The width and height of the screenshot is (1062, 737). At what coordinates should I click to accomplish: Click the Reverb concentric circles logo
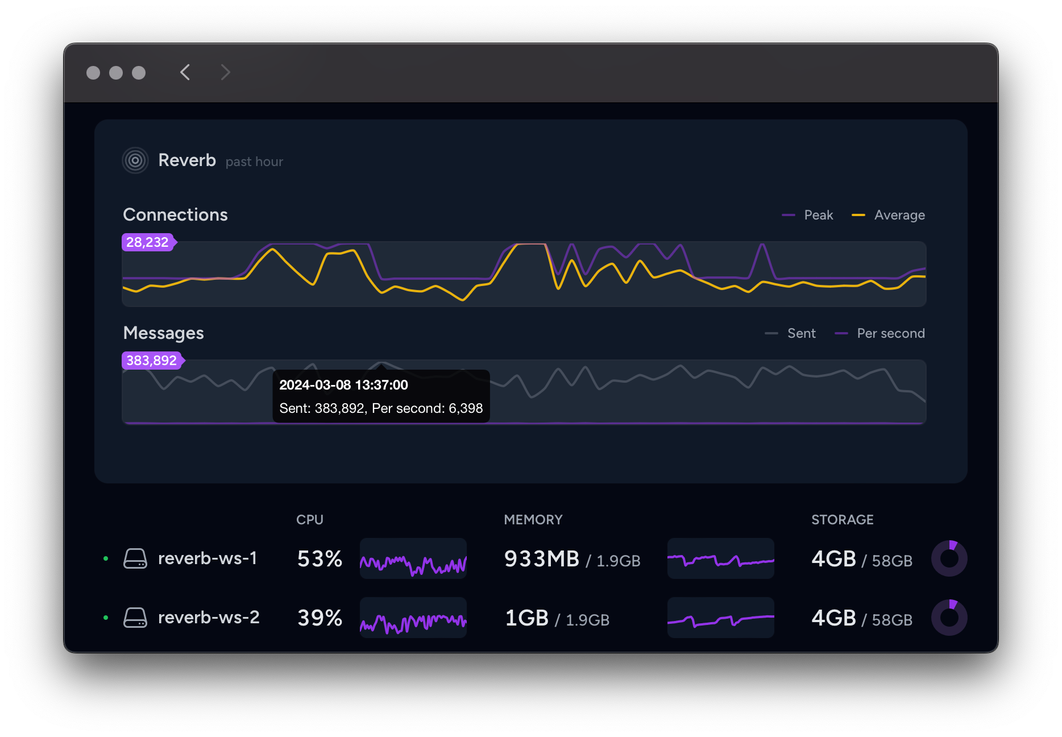135,160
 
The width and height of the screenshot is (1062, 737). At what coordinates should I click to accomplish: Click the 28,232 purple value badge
147,242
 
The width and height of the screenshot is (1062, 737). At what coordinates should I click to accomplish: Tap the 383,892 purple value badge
151,361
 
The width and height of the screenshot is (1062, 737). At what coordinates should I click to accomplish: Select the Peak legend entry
808,215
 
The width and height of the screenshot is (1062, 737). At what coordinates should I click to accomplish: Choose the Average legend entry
889,215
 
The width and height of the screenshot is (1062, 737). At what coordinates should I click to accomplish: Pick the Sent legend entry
791,333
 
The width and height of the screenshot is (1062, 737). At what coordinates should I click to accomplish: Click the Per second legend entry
880,333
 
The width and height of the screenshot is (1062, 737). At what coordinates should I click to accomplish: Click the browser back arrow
185,72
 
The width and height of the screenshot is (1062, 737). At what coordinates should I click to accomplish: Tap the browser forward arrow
225,72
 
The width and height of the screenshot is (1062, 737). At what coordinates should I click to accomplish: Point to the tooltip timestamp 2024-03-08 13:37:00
343,385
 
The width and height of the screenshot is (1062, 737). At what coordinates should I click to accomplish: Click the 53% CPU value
320,559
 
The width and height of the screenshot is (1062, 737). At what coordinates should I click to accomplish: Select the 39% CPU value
320,618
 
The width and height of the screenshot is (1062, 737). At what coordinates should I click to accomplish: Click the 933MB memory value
541,559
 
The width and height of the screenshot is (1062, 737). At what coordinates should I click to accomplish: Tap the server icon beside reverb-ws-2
135,618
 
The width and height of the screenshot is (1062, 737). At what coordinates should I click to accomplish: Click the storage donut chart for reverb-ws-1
949,558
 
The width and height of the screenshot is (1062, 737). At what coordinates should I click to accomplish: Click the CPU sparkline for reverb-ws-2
413,618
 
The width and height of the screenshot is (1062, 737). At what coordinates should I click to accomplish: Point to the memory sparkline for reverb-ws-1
720,558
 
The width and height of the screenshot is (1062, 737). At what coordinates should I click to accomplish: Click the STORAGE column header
842,520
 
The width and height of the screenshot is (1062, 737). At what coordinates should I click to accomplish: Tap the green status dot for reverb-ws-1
106,558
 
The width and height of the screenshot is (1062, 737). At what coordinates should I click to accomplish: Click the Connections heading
175,215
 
